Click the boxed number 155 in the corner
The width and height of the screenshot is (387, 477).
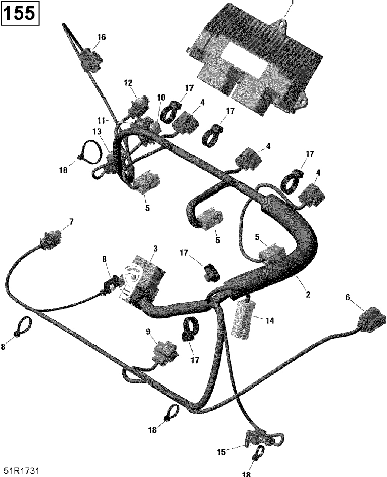click(x=21, y=14)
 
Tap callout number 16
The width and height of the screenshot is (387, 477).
click(x=101, y=37)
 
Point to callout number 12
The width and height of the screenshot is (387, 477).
click(x=128, y=83)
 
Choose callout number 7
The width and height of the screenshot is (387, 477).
click(x=71, y=222)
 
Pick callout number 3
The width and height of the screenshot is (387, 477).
click(x=155, y=248)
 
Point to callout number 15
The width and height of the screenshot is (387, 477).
click(x=221, y=452)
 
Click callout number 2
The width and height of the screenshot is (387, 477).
click(x=308, y=295)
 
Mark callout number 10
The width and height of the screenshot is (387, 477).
click(x=161, y=98)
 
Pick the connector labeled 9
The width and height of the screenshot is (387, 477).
click(x=164, y=350)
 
